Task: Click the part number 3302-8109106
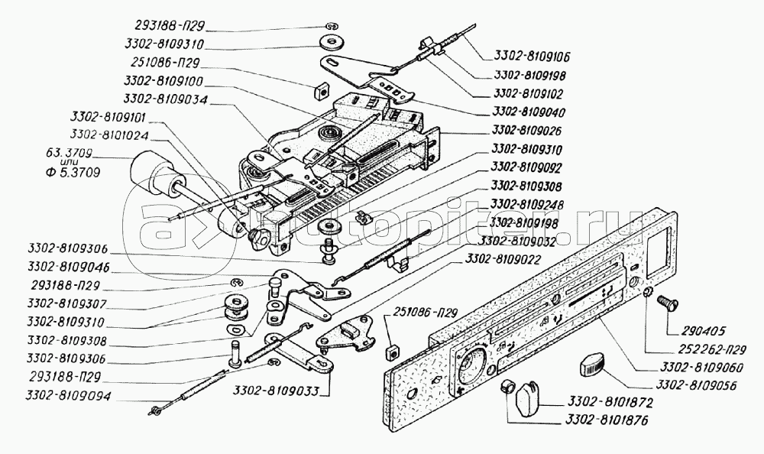click(x=533, y=57)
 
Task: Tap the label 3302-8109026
click(x=533, y=131)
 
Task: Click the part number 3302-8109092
click(x=533, y=166)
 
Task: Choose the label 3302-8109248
click(x=533, y=205)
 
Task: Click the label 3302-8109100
click(x=165, y=80)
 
